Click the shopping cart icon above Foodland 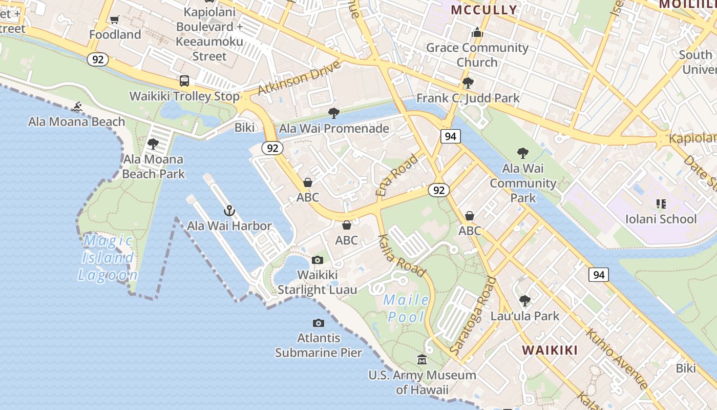point(115,19)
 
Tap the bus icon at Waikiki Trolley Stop point(184,80)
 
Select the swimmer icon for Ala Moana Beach point(77,107)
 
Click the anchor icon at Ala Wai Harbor point(229,210)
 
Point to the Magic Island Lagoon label point(108,258)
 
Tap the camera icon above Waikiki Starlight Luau point(318,260)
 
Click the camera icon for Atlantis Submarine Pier point(319,323)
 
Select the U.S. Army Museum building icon point(422,359)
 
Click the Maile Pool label point(406,308)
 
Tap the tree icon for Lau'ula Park point(525,300)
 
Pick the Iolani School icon point(661,204)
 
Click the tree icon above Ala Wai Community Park point(522,153)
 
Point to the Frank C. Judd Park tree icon point(468,83)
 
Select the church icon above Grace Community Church point(477,32)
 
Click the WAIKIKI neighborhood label point(550,350)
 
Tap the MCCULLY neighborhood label point(483,10)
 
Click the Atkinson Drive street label point(299,78)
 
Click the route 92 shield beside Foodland point(98,59)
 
